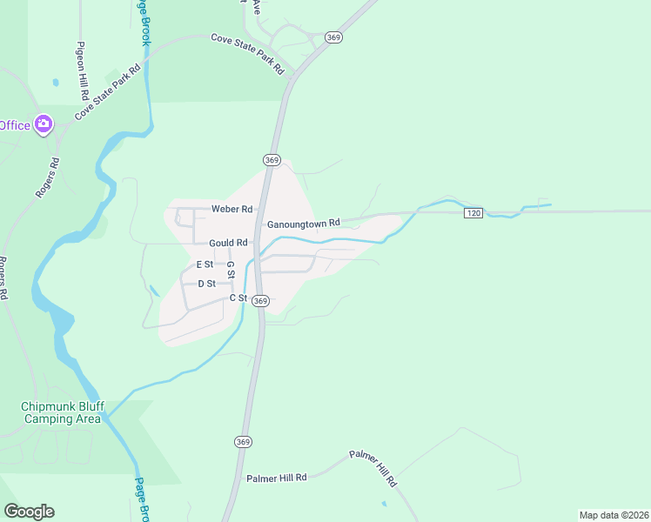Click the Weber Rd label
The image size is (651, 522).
232,210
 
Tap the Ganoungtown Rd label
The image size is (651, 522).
303,224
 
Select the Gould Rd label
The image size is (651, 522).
228,243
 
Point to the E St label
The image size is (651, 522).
205,264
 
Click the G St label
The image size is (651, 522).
231,270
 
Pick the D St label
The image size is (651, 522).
206,284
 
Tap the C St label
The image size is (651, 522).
238,298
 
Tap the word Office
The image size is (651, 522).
15,125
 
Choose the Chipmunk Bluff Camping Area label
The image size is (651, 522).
56,412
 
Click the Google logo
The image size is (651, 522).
29,512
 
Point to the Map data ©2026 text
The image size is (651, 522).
614,514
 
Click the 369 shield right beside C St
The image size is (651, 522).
261,300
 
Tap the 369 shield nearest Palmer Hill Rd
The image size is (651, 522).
243,442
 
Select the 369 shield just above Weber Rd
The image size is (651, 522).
272,160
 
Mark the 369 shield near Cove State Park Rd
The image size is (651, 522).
332,37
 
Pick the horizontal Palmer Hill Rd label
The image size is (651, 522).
277,478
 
